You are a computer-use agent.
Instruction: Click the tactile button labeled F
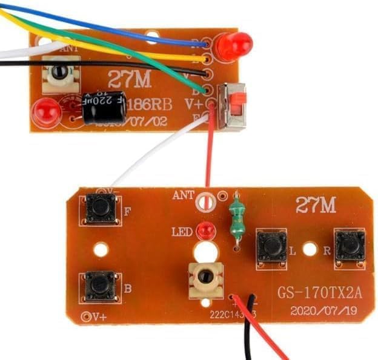click(x=101, y=208)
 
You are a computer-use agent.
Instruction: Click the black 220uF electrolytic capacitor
click(x=104, y=107)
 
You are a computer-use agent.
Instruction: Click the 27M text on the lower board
click(x=315, y=206)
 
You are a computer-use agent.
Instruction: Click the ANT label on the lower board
click(x=184, y=195)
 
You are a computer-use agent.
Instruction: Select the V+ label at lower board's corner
click(x=97, y=316)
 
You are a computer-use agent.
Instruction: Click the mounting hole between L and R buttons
click(x=310, y=248)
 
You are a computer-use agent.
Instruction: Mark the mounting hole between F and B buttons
click(x=101, y=248)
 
